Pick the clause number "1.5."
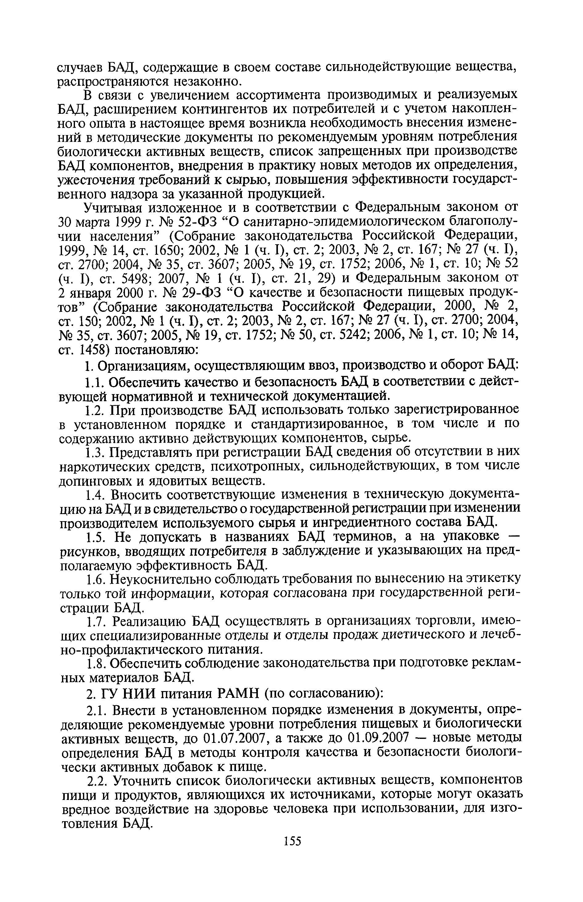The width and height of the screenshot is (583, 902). tap(95, 537)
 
